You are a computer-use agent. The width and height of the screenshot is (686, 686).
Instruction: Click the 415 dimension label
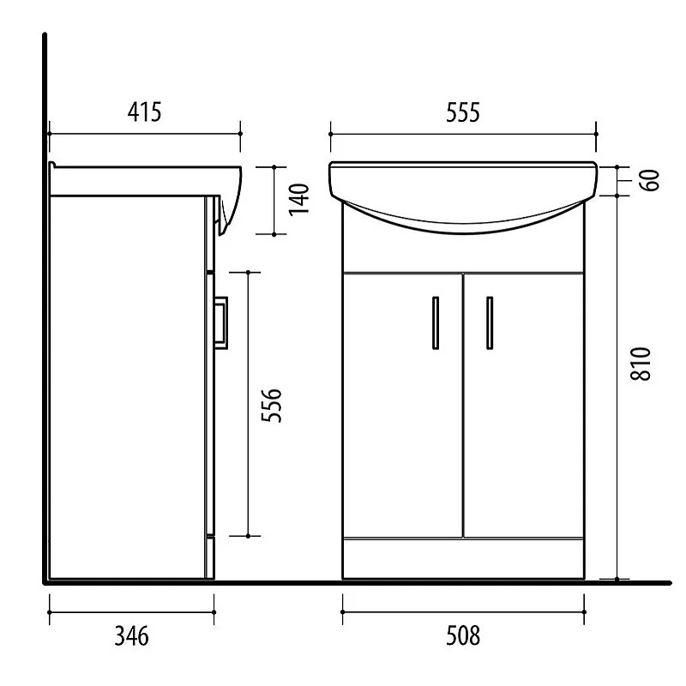[144, 111]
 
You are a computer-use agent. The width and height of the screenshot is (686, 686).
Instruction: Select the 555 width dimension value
[462, 111]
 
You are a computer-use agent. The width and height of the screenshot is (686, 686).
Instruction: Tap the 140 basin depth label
[298, 199]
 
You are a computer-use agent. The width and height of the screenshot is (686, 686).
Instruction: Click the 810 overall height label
[644, 364]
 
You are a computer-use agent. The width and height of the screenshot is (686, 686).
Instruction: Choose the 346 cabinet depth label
[131, 635]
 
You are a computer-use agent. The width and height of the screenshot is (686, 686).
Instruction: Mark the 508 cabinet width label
[462, 635]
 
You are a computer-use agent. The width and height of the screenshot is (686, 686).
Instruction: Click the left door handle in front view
[436, 322]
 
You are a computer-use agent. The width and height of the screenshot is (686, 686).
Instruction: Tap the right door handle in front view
[490, 322]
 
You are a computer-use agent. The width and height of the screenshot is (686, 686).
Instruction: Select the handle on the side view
[221, 321]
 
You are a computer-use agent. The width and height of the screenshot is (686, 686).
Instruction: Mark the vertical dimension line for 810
[618, 386]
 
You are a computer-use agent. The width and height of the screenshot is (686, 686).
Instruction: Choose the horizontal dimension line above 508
[462, 611]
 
